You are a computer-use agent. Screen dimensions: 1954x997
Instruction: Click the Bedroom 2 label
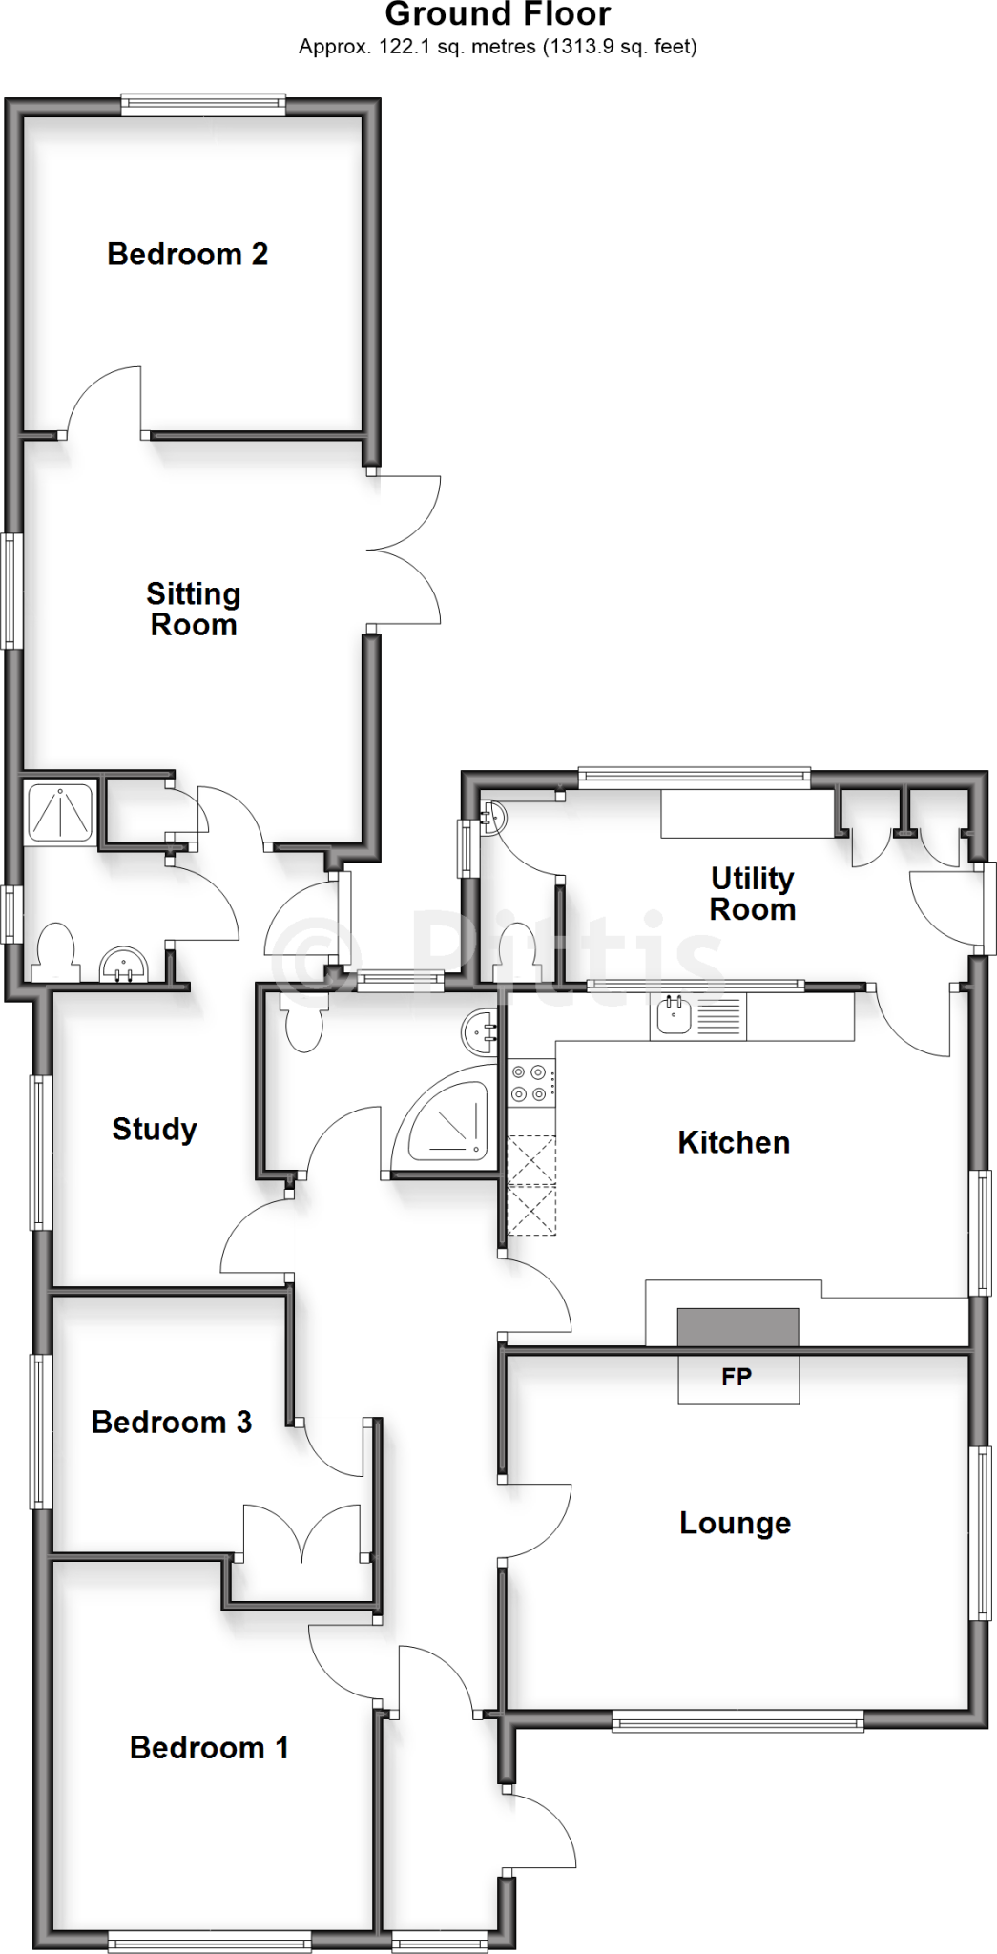187,254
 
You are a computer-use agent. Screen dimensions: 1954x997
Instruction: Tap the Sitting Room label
193,609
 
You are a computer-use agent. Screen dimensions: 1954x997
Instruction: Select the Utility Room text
752,894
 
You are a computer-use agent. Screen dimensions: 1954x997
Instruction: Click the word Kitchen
734,1142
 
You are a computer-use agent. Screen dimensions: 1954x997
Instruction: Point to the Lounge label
735,1523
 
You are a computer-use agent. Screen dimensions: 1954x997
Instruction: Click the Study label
155,1129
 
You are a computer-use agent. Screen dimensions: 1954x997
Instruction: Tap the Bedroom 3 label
171,1422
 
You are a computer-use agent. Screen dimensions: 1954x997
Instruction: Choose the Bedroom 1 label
209,1747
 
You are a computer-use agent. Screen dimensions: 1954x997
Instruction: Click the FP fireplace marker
737,1377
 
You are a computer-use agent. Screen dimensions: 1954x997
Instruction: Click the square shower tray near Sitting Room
61,812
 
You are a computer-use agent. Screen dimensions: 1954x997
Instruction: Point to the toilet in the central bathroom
304,1023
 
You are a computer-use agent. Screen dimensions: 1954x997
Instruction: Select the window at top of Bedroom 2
203,105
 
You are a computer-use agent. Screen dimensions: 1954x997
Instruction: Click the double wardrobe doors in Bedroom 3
302,1533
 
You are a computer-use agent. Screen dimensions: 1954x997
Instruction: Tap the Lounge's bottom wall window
737,1722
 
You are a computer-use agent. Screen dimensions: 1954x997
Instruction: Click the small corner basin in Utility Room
493,816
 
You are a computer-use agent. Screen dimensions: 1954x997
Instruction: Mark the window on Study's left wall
39,1152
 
